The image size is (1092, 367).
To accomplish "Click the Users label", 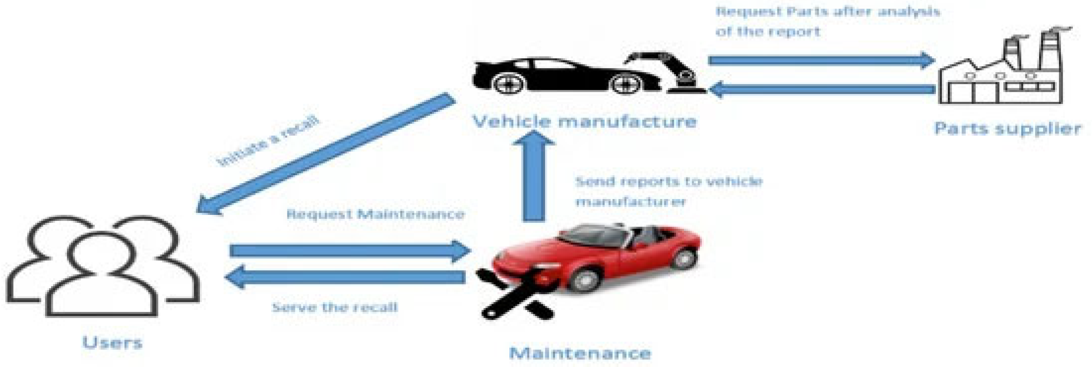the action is click(112, 342).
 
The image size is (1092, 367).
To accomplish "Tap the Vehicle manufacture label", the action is click(584, 121).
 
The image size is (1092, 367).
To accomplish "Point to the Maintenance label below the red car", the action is click(580, 353).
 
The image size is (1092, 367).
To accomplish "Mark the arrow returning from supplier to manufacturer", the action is click(822, 89).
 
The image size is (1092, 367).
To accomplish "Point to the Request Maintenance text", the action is click(375, 214).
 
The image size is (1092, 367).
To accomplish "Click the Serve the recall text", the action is click(335, 307).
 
